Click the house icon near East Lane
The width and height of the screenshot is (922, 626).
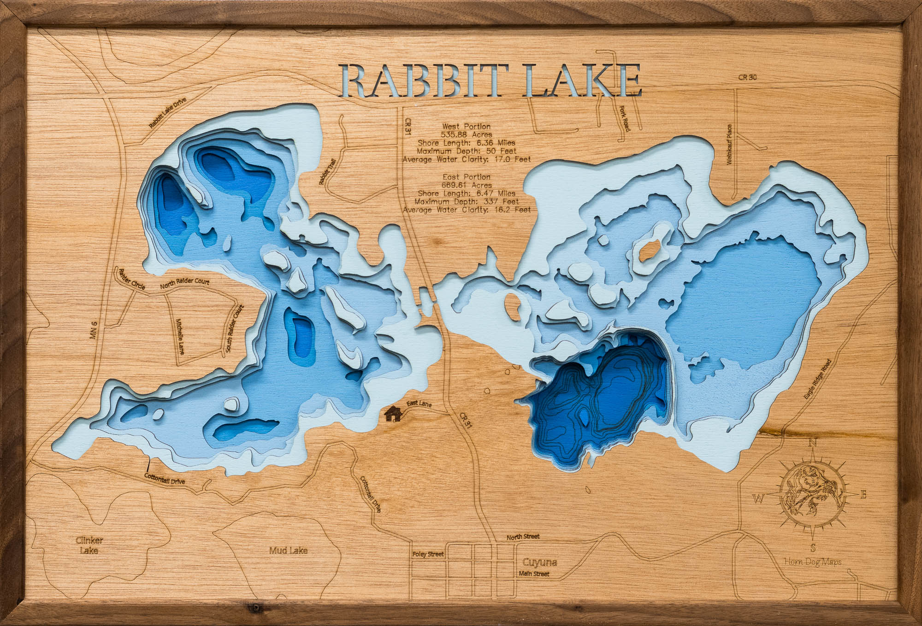point(393,414)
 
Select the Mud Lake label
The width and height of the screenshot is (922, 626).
point(288,550)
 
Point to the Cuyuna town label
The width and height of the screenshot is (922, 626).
point(539,562)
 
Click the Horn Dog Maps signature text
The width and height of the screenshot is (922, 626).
point(813,562)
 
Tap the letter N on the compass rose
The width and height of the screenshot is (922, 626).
point(813,444)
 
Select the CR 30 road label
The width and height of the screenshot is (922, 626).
point(747,77)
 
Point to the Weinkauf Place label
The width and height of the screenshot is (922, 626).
point(729,144)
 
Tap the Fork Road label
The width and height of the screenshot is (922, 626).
point(626,119)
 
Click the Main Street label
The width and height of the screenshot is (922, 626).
point(534,574)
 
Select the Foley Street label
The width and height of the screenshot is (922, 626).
point(428,554)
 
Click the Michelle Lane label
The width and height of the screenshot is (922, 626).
point(180,337)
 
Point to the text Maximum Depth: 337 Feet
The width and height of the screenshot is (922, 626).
point(466,201)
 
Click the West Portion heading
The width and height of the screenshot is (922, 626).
point(466,126)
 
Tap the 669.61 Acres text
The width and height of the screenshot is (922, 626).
point(466,185)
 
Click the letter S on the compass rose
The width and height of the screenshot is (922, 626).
point(813,548)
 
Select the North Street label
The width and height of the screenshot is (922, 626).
point(523,537)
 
